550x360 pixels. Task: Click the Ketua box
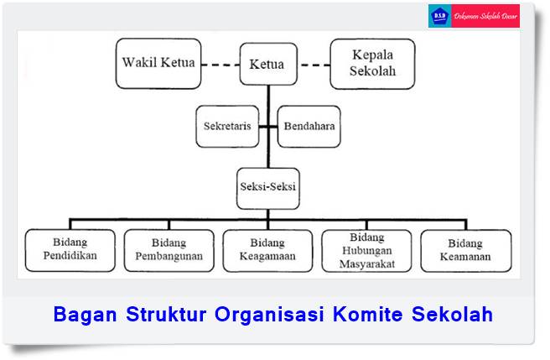[x=267, y=64]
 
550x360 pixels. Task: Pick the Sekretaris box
[x=226, y=126]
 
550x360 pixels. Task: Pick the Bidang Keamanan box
[x=465, y=251]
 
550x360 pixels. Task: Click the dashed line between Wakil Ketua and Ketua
[x=221, y=65]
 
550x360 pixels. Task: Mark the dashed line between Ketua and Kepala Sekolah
[x=314, y=65]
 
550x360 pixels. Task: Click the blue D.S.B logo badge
[x=439, y=16]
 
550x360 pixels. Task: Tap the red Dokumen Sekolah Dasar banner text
[x=485, y=16]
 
